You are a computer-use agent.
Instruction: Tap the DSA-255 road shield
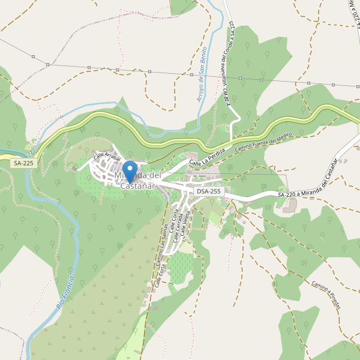(209, 191)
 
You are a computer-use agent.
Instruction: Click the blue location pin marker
(129, 172)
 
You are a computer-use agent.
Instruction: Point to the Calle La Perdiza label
(208, 155)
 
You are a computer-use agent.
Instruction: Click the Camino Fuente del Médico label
(263, 142)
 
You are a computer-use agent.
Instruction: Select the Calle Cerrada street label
(178, 229)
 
